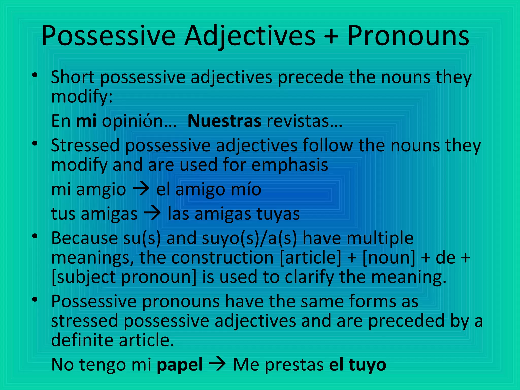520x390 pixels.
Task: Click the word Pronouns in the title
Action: click(x=408, y=36)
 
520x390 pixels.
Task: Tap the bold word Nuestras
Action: click(x=224, y=121)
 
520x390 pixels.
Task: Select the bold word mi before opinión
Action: click(x=86, y=121)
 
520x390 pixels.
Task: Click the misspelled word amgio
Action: click(x=101, y=190)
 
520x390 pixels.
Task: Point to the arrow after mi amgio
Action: click(x=141, y=189)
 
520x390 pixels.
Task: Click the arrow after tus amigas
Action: click(x=152, y=213)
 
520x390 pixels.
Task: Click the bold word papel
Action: click(x=180, y=365)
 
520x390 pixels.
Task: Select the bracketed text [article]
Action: click(x=311, y=257)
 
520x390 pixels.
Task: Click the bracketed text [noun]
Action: click(x=389, y=257)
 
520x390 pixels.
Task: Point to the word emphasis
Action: click(x=290, y=165)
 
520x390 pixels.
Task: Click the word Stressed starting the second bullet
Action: click(x=85, y=145)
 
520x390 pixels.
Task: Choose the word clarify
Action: click(x=309, y=277)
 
